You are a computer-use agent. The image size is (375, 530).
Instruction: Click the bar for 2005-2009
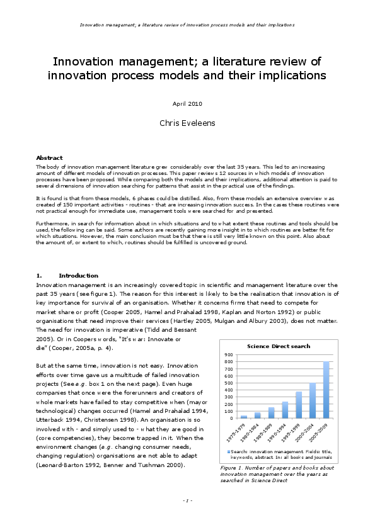(x=326, y=390)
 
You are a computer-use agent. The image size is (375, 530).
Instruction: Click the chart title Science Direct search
(x=278, y=346)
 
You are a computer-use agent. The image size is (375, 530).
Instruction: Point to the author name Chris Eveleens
(x=187, y=123)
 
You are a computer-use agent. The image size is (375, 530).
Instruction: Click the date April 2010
(x=187, y=103)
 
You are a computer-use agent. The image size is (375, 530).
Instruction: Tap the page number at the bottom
(x=187, y=500)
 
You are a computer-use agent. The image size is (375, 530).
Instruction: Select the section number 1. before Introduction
(x=39, y=275)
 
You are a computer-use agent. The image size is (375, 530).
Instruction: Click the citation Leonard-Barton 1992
(x=67, y=465)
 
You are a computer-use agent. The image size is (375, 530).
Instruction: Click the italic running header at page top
(x=187, y=25)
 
